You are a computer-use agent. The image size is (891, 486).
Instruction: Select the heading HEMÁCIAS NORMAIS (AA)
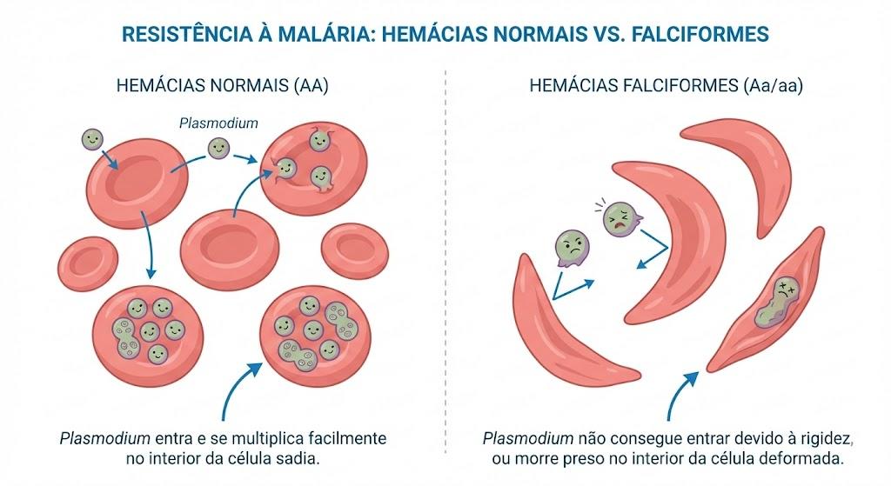(x=222, y=86)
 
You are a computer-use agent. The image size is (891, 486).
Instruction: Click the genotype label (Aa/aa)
(x=773, y=86)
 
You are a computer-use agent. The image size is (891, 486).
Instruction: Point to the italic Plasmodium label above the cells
(x=218, y=123)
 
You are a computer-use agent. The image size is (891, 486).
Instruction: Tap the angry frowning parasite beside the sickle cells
(x=573, y=248)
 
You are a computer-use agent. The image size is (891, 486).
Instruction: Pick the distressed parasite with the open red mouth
(x=621, y=218)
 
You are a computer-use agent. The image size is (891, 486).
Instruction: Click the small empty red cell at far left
(x=88, y=264)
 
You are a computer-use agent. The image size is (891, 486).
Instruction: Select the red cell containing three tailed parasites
(x=313, y=168)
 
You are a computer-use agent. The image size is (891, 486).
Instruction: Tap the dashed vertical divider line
(x=445, y=261)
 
